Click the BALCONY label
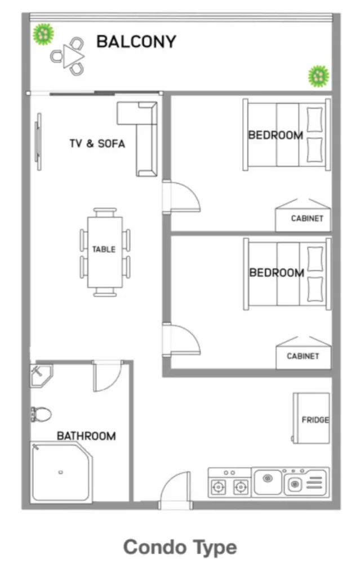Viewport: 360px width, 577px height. (x=136, y=42)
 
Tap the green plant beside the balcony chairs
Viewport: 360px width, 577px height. (x=43, y=34)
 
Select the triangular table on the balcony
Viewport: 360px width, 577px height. (x=73, y=56)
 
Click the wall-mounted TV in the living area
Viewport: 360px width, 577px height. (x=38, y=141)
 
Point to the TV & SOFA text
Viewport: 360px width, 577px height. (x=97, y=144)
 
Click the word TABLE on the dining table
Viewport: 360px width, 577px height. (x=104, y=249)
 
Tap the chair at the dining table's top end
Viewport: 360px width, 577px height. (x=105, y=212)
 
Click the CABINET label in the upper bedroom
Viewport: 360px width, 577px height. (x=307, y=219)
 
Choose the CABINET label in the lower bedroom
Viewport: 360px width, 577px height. (x=303, y=356)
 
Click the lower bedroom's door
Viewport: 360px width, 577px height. (x=185, y=339)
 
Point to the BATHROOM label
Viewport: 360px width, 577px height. (x=86, y=436)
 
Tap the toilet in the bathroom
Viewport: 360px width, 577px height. (x=41, y=414)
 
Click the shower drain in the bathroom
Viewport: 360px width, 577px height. (x=60, y=472)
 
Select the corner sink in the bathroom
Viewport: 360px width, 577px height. (x=40, y=375)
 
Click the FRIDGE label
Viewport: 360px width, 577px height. (x=315, y=420)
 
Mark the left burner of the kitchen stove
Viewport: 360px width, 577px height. (x=218, y=487)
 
